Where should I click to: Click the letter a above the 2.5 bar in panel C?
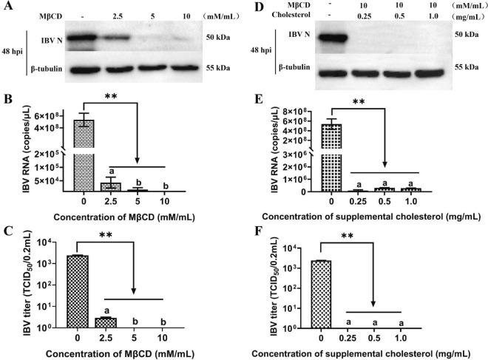111,310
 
